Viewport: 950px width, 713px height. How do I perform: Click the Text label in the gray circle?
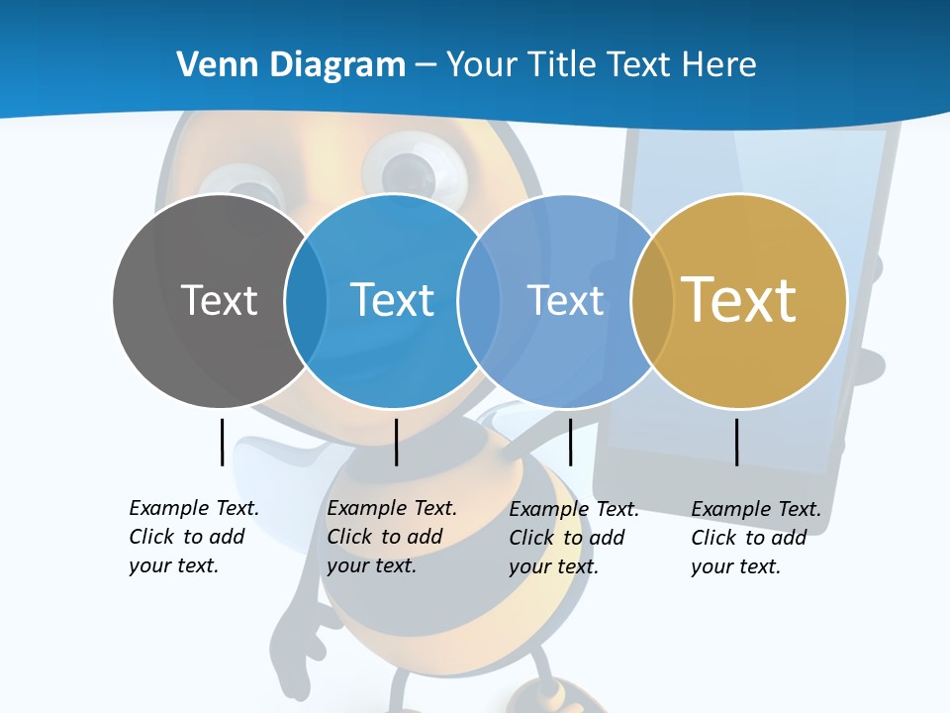click(219, 299)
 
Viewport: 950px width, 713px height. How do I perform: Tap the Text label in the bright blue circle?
click(392, 299)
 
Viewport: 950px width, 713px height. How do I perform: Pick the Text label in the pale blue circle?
click(565, 299)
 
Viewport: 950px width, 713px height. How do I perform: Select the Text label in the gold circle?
click(738, 299)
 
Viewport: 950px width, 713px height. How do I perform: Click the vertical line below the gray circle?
click(222, 442)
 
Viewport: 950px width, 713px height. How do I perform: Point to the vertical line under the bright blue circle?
click(396, 442)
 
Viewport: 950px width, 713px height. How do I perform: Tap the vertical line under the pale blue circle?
click(570, 442)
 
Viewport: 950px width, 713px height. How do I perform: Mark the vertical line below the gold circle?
click(736, 442)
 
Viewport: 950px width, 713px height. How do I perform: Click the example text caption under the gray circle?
click(194, 537)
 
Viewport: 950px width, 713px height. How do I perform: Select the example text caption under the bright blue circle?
click(392, 537)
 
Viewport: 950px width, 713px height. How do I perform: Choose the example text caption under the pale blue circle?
click(574, 538)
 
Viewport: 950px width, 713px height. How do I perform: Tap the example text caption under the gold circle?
click(756, 538)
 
